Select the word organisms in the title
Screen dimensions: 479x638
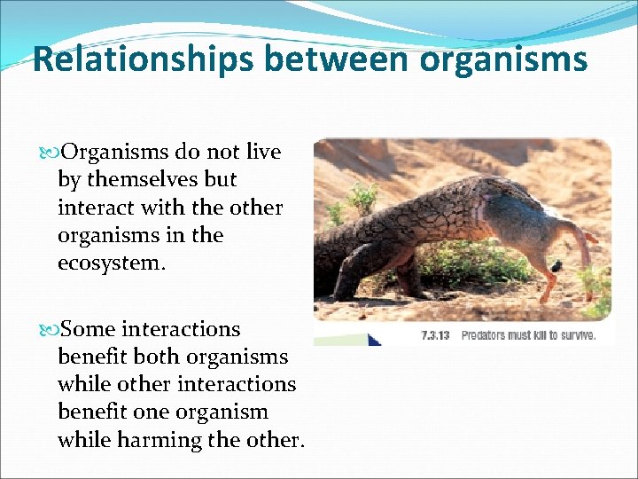pos(503,59)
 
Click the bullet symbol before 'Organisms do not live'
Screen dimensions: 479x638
pos(50,153)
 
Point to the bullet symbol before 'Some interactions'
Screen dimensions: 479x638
pos(50,330)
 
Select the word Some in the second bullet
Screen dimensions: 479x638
pos(90,329)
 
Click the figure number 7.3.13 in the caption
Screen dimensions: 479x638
pos(436,335)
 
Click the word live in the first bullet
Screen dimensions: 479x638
pos(263,152)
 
